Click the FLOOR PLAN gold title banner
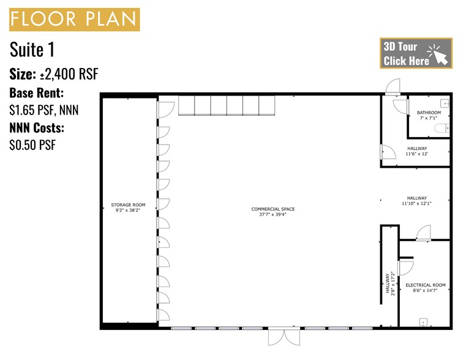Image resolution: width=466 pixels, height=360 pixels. click(x=74, y=20)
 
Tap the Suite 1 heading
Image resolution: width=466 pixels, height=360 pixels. click(x=32, y=50)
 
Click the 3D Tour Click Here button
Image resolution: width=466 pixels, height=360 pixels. click(x=416, y=53)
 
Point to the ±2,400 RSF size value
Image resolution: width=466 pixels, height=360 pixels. click(x=69, y=74)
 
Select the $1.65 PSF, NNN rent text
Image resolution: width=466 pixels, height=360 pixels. click(x=44, y=110)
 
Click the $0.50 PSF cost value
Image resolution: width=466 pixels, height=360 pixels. click(x=32, y=145)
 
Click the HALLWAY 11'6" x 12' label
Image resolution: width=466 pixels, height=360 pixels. click(x=417, y=151)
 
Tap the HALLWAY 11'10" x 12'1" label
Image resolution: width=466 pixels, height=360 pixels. click(x=416, y=200)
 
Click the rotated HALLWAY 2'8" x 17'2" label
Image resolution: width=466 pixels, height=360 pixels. click(x=390, y=283)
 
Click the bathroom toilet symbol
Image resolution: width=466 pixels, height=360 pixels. click(x=442, y=129)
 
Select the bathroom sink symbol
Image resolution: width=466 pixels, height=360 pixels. click(x=445, y=103)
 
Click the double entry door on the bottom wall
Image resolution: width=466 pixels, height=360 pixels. click(x=284, y=337)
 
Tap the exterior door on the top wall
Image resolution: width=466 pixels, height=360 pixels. click(x=393, y=87)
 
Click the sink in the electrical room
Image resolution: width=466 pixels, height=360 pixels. click(x=423, y=322)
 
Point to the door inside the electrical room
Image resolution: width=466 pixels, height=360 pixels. click(x=405, y=268)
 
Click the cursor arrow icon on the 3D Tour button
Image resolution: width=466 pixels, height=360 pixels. click(x=438, y=54)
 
